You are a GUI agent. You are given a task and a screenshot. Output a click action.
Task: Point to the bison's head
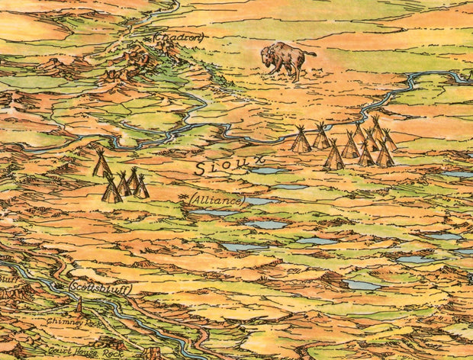(x=267, y=56)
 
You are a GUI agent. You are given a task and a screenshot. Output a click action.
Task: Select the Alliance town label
(x=217, y=200)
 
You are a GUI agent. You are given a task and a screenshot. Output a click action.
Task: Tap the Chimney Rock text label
(x=72, y=322)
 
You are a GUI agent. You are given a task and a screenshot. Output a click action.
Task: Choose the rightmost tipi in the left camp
(x=141, y=187)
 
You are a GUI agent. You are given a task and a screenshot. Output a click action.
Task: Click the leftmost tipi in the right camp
(x=301, y=140)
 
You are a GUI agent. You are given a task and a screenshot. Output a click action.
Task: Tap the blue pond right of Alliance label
(x=259, y=201)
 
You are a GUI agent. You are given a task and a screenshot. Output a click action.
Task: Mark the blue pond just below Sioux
(x=264, y=171)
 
